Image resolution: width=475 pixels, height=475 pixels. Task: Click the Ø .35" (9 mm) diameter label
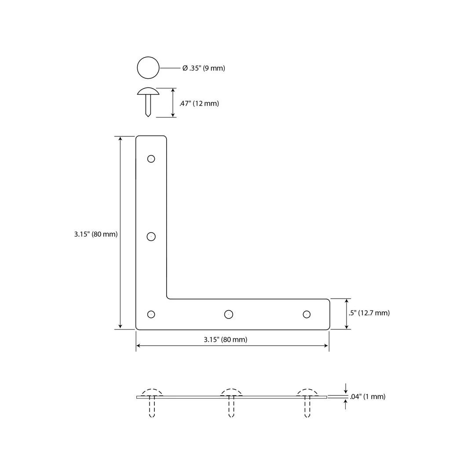tap(204, 68)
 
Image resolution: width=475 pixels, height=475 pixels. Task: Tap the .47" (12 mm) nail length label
tap(199, 103)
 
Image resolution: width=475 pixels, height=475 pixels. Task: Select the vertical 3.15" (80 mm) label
tap(96, 234)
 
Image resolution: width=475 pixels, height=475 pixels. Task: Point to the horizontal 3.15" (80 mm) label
tap(225, 340)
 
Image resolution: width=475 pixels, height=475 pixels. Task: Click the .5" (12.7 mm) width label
tap(369, 313)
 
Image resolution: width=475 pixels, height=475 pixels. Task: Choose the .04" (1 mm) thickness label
tap(367, 397)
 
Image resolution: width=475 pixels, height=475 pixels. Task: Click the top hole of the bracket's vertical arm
tap(151, 159)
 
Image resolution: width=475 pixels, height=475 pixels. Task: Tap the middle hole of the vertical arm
tap(151, 236)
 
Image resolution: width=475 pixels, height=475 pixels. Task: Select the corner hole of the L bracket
tap(151, 314)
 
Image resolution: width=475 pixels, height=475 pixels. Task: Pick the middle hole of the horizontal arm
tap(229, 314)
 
